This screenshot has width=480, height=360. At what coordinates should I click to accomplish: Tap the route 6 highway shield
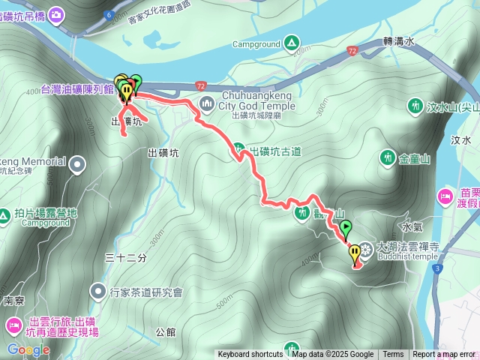click(x=109, y=15)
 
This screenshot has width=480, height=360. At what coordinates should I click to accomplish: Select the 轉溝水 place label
click(x=398, y=43)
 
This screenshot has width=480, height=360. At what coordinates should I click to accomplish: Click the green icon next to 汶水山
click(x=414, y=106)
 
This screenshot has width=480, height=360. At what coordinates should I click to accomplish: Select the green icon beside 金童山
click(x=387, y=158)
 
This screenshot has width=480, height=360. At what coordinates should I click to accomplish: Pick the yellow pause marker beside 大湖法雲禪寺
click(x=355, y=255)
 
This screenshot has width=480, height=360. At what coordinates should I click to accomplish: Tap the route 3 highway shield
click(x=438, y=267)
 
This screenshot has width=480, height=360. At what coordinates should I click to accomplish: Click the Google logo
click(x=28, y=349)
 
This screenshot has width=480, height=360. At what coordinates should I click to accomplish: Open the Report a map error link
click(x=443, y=355)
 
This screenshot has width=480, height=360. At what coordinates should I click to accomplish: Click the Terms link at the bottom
click(x=393, y=355)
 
